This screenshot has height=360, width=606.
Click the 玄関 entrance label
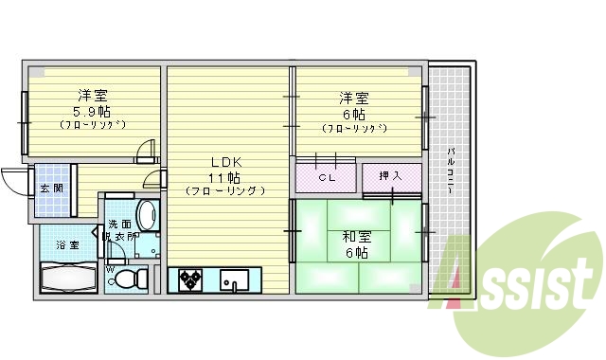[51, 188]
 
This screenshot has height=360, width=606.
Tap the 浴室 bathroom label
[67, 245]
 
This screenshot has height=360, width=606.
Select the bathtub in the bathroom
[68, 278]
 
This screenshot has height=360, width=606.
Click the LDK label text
[224, 161]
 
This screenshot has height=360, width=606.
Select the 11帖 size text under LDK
[224, 176]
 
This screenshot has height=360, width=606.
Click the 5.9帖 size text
[93, 110]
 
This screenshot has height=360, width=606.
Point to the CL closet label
[326, 177]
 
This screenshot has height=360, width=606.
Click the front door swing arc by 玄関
[16, 178]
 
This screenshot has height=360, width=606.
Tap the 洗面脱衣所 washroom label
[122, 230]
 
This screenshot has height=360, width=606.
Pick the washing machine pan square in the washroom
[146, 245]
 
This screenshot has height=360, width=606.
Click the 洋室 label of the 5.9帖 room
[92, 95]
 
